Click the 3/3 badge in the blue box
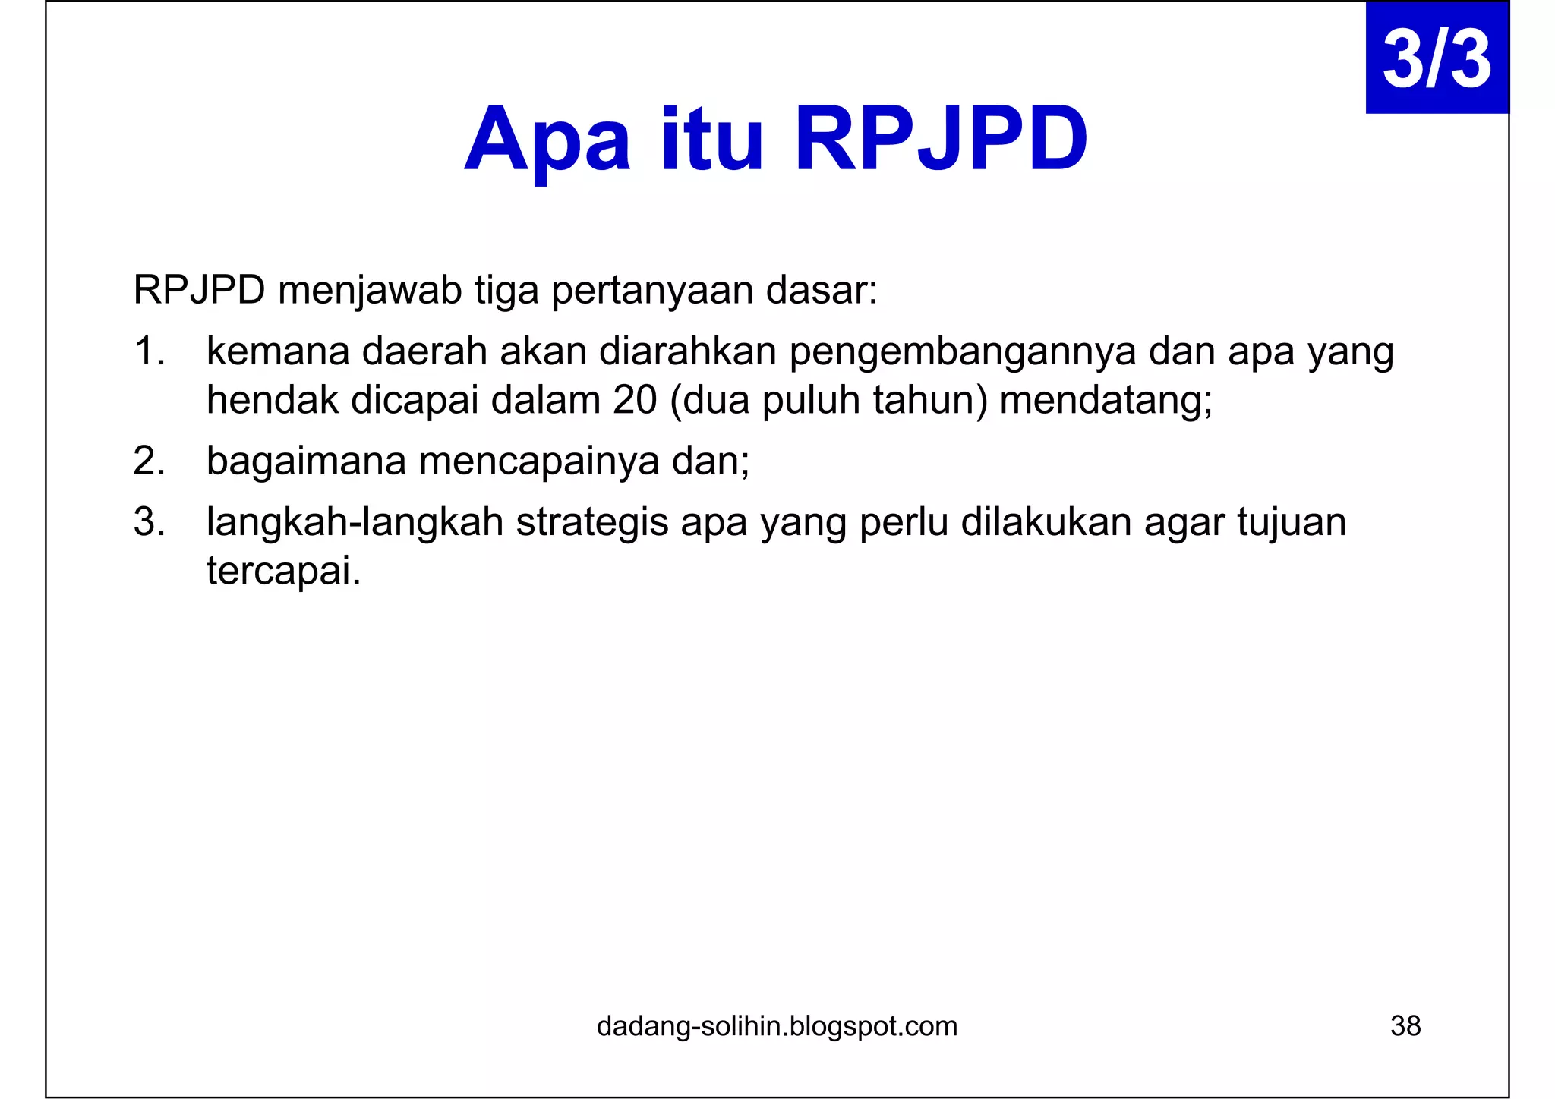tap(1436, 59)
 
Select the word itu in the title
tap(711, 140)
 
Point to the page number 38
tap(1405, 1026)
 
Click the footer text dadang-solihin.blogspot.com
tap(777, 1026)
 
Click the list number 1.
tap(149, 351)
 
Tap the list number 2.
tap(149, 461)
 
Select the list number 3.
tap(149, 522)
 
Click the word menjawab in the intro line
tap(370, 291)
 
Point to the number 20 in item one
tap(635, 401)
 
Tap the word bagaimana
tap(306, 461)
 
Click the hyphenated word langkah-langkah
tap(355, 523)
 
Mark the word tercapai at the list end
tap(282, 571)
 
